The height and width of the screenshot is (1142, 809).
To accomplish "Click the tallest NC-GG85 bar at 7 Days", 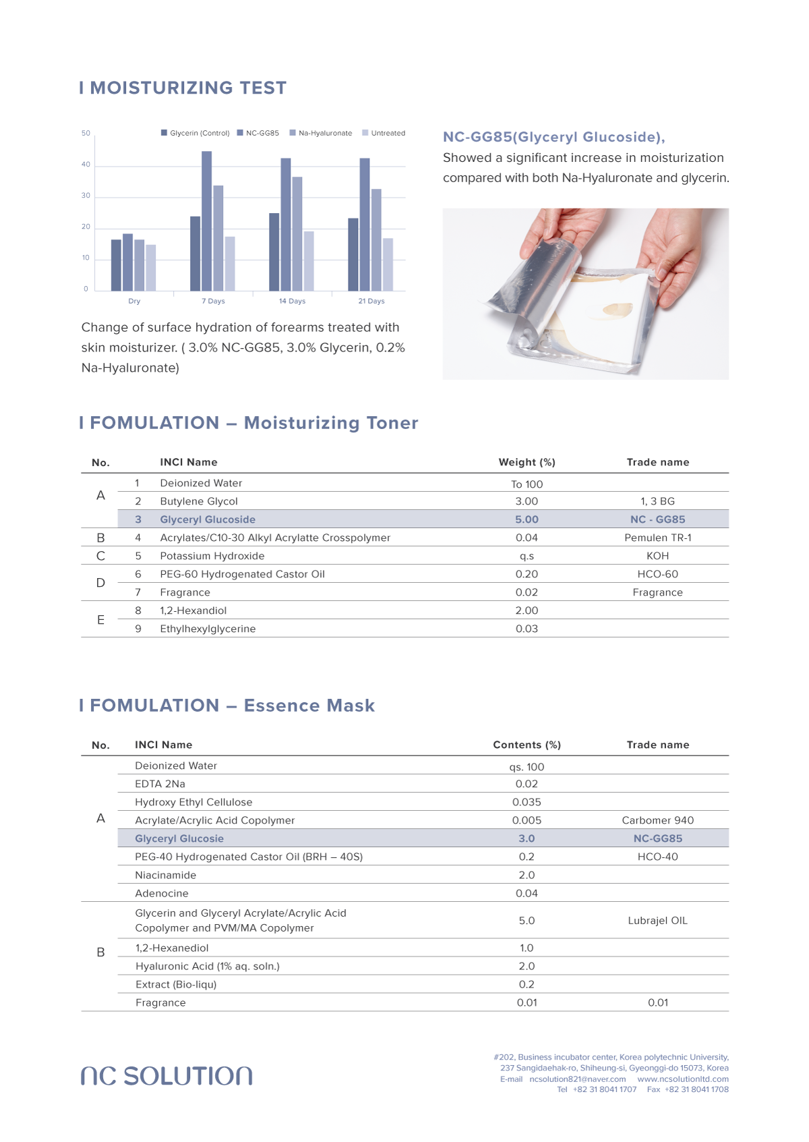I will (206, 221).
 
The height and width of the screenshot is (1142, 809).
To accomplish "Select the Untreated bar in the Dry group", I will (151, 268).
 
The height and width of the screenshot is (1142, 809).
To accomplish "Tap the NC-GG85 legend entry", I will (258, 133).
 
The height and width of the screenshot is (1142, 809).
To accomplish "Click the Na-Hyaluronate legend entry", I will (321, 133).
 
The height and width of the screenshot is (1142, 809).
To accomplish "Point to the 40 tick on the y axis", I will (86, 165).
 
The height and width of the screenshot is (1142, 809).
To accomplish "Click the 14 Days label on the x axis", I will (292, 301).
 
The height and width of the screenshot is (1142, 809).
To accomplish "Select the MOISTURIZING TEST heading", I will (183, 88).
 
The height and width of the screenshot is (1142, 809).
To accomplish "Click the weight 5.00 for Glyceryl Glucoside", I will (527, 519).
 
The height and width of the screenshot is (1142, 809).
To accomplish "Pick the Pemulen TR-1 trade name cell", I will (657, 538).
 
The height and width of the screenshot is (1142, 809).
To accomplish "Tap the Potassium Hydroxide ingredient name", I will (212, 556).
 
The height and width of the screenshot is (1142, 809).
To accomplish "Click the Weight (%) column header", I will (527, 462).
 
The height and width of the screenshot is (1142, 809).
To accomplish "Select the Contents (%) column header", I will (527, 745).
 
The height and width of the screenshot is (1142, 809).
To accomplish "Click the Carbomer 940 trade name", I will (657, 820).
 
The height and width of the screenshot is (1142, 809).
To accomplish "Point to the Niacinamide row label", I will (165, 875).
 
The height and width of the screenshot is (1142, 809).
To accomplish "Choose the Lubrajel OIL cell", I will (657, 921).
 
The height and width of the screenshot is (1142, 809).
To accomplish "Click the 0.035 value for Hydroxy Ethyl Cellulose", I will (527, 802).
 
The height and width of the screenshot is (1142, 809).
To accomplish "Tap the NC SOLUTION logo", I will (167, 1076).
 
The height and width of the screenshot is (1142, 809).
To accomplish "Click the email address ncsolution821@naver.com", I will (577, 1079).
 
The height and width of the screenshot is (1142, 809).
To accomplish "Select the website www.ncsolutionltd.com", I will (682, 1079).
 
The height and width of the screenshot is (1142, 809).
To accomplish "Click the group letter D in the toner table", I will (100, 583).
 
